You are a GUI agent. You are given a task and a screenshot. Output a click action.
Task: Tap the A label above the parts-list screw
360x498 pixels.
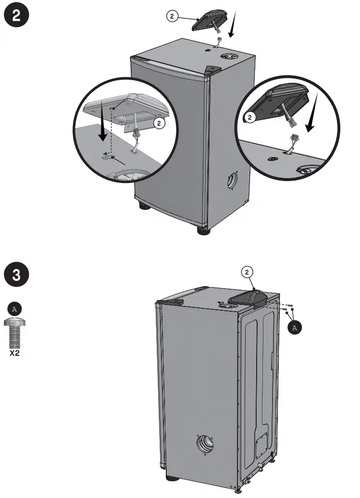pos(14,308)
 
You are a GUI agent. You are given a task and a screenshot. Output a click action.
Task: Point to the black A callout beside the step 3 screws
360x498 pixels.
pos(295,327)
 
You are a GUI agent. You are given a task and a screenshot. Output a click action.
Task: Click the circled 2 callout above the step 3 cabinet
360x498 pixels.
pos(247,272)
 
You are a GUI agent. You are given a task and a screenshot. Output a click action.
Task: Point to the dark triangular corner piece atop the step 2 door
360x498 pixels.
pos(210,70)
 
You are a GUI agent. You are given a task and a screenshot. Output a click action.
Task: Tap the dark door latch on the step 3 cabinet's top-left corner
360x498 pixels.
pos(174,302)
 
